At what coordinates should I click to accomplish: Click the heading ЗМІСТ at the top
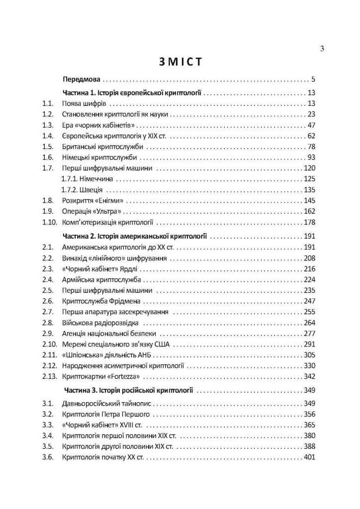pyautogui.click(x=180, y=62)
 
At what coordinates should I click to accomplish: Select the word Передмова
pyautogui.click(x=81, y=80)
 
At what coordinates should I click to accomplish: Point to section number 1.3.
pyautogui.click(x=48, y=125)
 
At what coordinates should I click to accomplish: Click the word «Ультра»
pyautogui.click(x=108, y=211)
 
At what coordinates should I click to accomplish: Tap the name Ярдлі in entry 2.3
pyautogui.click(x=128, y=269)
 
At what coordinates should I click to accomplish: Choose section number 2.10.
pyautogui.click(x=49, y=345)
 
